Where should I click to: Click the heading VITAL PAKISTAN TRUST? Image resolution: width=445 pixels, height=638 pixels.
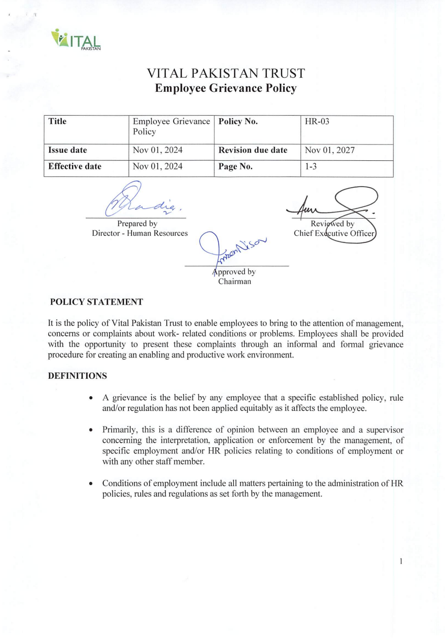pyautogui.click(x=226, y=74)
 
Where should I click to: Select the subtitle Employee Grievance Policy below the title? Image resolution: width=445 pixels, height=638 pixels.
pyautogui.click(x=225, y=88)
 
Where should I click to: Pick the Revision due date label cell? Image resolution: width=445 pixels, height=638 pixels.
pyautogui.click(x=253, y=150)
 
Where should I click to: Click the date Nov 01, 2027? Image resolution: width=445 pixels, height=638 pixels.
pyautogui.click(x=330, y=150)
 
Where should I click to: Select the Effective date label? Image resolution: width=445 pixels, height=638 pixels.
pyautogui.click(x=75, y=166)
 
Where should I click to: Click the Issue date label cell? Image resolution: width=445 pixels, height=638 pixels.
pyautogui.click(x=67, y=150)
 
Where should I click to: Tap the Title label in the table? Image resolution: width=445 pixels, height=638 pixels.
pyautogui.click(x=57, y=122)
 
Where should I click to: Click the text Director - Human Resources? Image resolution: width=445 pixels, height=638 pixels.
pyautogui.click(x=140, y=233)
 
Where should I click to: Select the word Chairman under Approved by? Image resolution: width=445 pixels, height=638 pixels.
pyautogui.click(x=234, y=281)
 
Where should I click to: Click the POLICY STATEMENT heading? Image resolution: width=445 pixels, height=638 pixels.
pyautogui.click(x=96, y=302)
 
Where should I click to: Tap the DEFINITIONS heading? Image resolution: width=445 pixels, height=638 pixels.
pyautogui.click(x=77, y=376)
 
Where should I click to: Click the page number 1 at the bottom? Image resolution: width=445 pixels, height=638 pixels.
pyautogui.click(x=401, y=561)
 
